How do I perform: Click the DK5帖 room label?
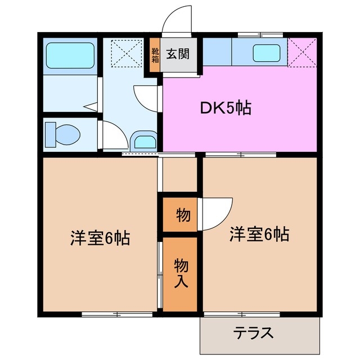tap(226, 107)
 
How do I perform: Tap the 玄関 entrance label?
tap(177, 54)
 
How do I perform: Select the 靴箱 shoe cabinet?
tap(155, 55)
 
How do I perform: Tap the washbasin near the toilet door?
tap(144, 141)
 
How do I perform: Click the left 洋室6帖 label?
tap(100, 238)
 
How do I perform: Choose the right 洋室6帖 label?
tap(259, 234)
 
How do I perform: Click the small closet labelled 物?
tap(181, 214)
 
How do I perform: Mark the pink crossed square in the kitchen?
tap(303, 52)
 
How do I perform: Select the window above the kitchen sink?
tap(260, 35)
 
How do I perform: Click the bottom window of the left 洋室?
tap(116, 313)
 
